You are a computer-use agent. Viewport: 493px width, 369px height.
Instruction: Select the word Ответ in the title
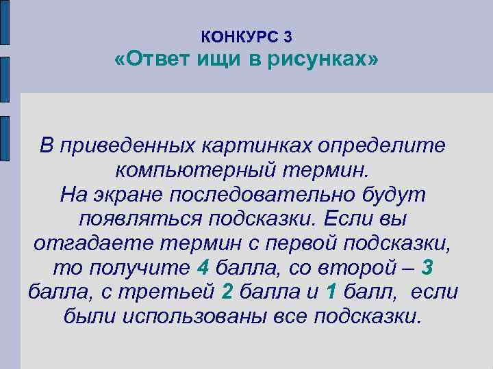pos(159,61)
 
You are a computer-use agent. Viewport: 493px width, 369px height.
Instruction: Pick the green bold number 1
pos(331,292)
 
